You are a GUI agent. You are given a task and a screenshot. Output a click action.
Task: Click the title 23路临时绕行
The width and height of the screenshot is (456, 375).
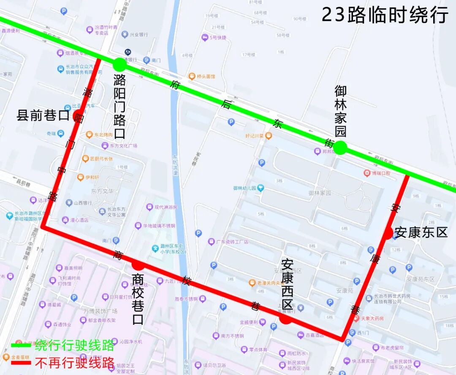click(x=385, y=15)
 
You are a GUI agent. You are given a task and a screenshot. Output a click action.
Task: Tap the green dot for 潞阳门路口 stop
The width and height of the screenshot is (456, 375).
click(x=119, y=65)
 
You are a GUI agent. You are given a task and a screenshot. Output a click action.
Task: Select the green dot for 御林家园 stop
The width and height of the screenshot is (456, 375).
click(x=340, y=148)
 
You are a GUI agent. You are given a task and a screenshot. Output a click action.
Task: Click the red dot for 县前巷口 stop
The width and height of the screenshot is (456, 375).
click(x=78, y=115)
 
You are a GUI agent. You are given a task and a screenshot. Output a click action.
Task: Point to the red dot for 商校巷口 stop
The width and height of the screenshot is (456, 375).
click(x=138, y=265)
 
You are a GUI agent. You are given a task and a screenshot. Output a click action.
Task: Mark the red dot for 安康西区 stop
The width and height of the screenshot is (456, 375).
click(x=285, y=319)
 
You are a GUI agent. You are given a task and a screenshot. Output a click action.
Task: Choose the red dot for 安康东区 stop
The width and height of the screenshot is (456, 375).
click(x=388, y=233)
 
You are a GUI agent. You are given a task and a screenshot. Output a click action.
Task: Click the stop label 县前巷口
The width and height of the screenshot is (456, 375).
click(x=43, y=115)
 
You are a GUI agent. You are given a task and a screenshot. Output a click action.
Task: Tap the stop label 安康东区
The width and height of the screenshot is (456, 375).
click(x=421, y=232)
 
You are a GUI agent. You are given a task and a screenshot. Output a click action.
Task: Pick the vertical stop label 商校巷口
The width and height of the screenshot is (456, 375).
click(x=138, y=299)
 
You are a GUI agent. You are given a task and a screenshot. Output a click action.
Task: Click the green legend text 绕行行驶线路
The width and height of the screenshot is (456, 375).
click(x=74, y=345)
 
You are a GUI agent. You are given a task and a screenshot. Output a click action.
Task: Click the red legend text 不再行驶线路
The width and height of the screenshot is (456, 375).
click(x=74, y=362)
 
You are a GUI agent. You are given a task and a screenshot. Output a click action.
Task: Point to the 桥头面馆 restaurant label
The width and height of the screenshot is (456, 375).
click(x=206, y=76)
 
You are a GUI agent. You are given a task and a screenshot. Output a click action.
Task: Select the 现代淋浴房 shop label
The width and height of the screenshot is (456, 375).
click(x=166, y=207)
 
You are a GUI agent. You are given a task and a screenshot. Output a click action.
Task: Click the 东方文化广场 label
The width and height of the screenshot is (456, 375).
click(x=123, y=146)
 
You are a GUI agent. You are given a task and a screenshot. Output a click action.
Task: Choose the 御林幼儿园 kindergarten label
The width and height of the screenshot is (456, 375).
click(x=245, y=188)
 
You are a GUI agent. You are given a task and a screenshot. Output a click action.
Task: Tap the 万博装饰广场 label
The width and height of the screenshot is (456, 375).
click(x=100, y=311)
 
